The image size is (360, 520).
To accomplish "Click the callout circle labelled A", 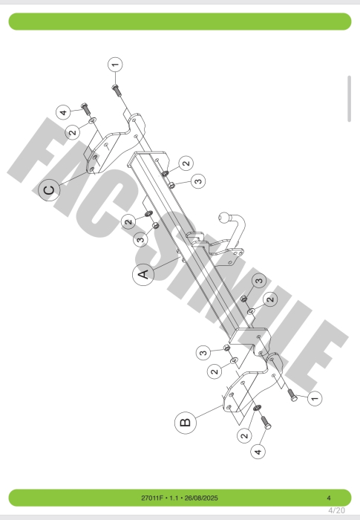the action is (143, 274).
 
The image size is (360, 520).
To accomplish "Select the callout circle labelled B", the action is (186, 422).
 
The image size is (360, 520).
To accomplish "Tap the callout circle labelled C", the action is (49, 190).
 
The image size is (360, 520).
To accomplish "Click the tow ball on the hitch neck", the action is (224, 218).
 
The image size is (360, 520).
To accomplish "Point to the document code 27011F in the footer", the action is (152, 498).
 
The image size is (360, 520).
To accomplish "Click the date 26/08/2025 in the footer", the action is (201, 498).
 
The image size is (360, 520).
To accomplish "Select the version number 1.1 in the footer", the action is (174, 498).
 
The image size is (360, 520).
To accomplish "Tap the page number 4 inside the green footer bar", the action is (329, 498).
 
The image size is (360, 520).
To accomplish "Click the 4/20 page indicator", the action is (336, 510).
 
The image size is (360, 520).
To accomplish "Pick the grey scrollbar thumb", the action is (349, 99).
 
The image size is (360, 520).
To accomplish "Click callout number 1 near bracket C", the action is (115, 65).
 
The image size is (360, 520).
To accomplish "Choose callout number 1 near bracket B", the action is (315, 397).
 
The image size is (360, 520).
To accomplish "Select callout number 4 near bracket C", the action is (63, 112).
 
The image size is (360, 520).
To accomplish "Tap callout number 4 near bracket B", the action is (258, 451).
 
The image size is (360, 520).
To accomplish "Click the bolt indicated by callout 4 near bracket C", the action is (85, 109).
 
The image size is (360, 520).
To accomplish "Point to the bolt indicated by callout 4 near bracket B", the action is (266, 423).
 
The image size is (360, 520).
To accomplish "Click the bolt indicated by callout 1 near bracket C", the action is (116, 90).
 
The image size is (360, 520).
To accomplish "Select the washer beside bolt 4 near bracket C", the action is (93, 120).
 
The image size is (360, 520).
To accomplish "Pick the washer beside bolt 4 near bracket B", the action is (257, 408).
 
